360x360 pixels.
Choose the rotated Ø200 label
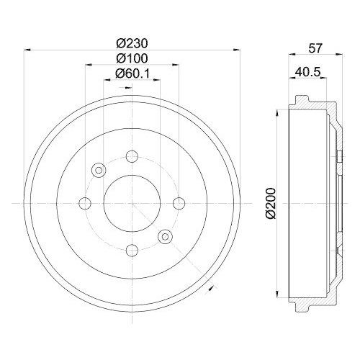pos(270,204)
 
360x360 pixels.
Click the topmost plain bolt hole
pos(132,156)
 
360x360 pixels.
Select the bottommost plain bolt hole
pos(132,250)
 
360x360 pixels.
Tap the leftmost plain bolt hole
pos(85,202)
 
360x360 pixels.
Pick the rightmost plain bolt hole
pos(179,202)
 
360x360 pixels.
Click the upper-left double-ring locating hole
pos(99,170)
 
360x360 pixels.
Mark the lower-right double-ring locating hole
pos(165,235)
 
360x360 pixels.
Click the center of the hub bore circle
pos(132,202)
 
